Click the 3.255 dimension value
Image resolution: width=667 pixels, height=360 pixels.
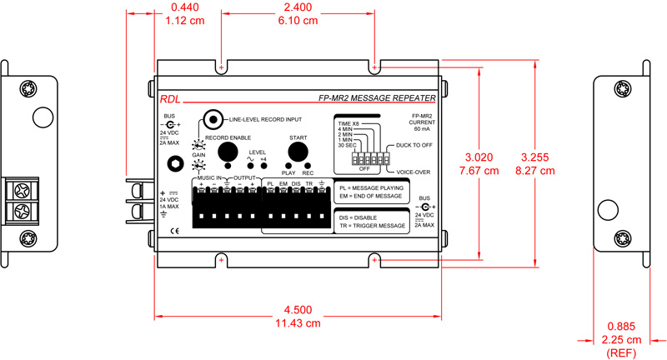pyautogui.click(x=534, y=156)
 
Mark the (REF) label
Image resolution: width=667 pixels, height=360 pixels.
pyautogui.click(x=623, y=352)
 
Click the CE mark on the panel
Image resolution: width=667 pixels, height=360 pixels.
pyautogui.click(x=174, y=231)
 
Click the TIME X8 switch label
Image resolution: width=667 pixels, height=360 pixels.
pyautogui.click(x=348, y=122)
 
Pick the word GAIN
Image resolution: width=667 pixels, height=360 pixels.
pyautogui.click(x=198, y=155)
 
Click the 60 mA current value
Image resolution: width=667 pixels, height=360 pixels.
pyautogui.click(x=421, y=130)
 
